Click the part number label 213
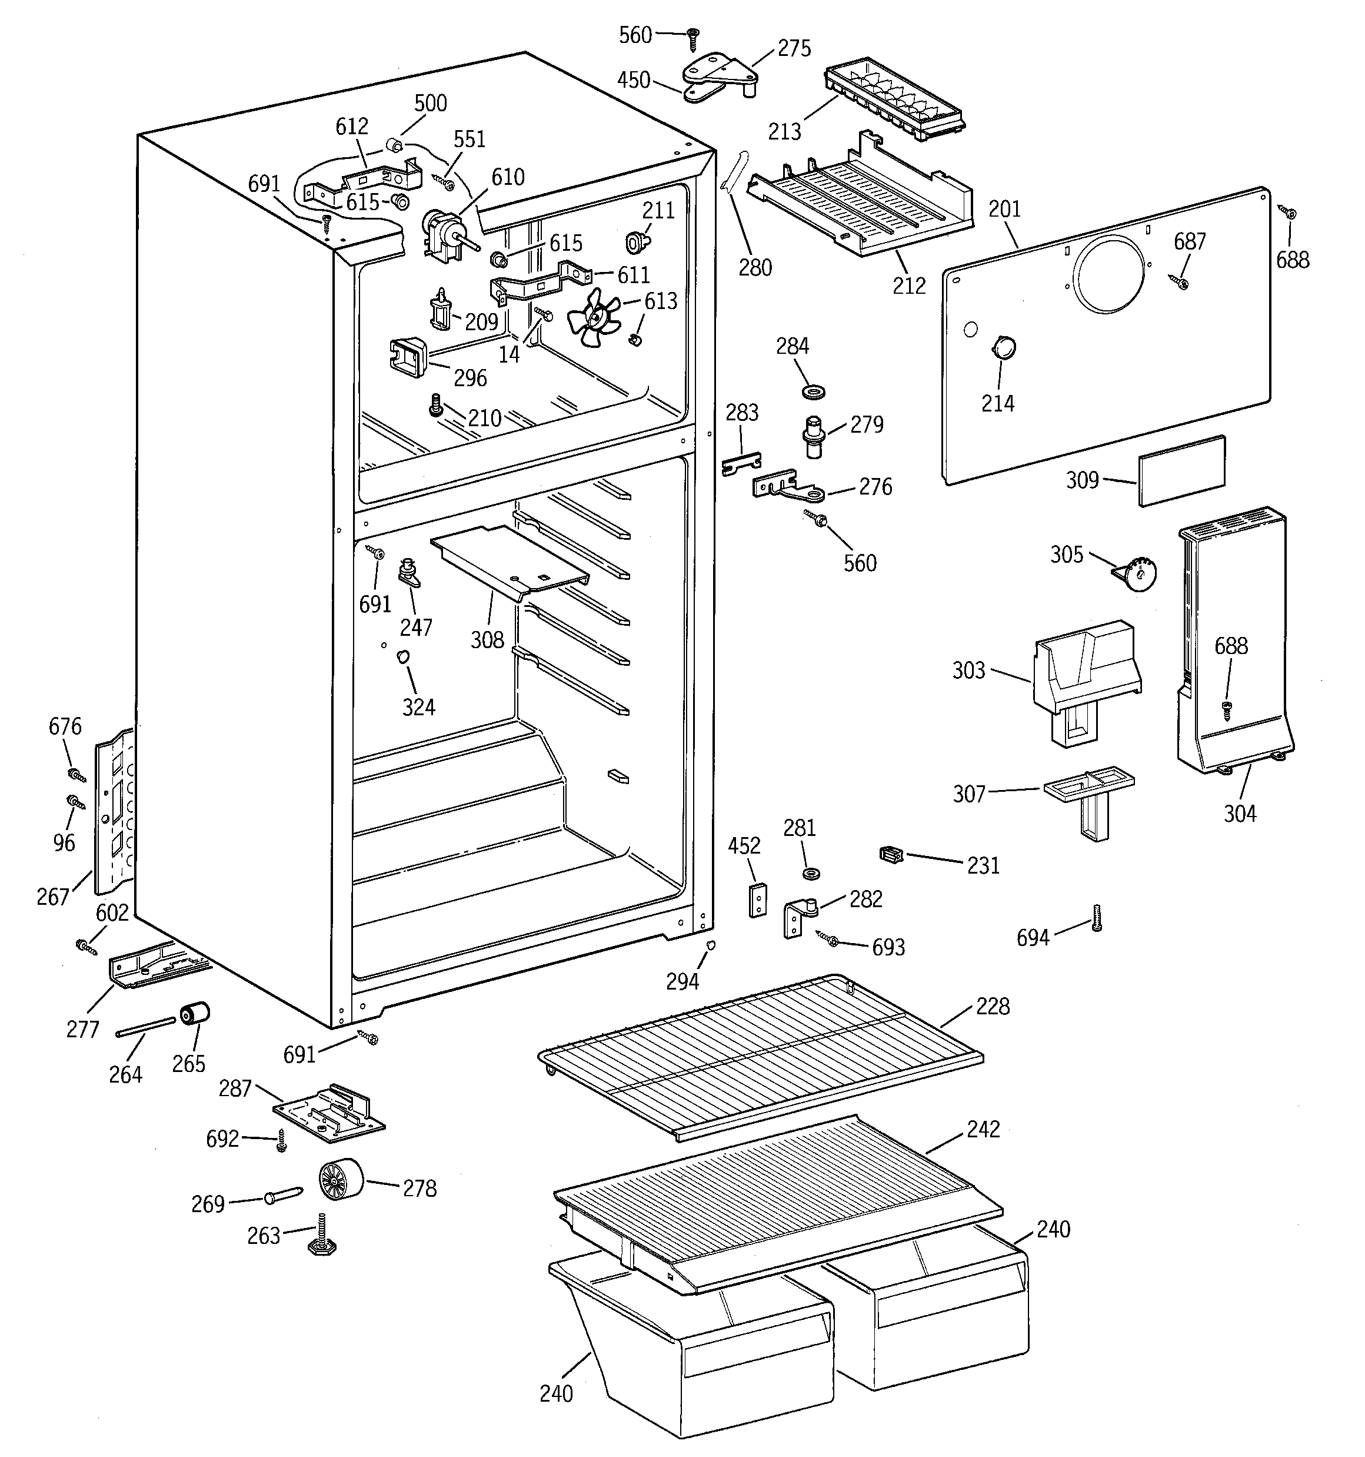tap(784, 132)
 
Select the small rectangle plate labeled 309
tap(1181, 470)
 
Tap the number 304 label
tap(1239, 814)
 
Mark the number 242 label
tap(983, 1129)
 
